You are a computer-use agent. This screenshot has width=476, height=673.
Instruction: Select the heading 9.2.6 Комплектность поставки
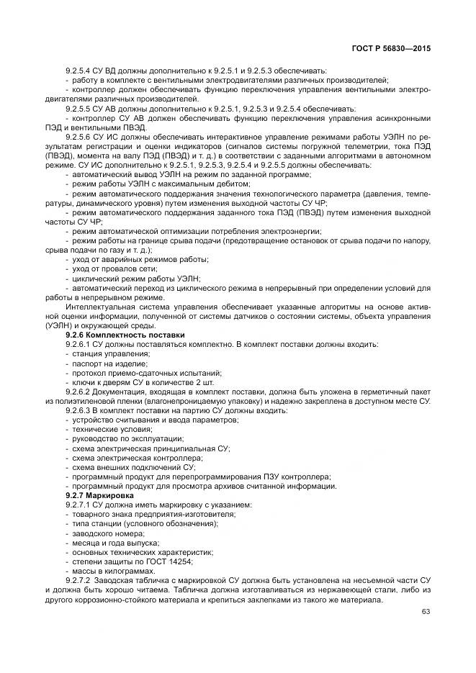pos(125,335)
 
